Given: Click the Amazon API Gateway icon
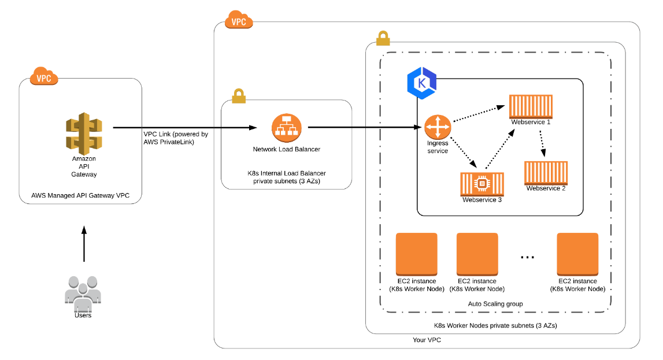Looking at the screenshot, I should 84,132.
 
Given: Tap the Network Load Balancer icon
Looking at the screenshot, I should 286,128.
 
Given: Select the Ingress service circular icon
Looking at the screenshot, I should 437,127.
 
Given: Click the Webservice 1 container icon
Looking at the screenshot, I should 531,106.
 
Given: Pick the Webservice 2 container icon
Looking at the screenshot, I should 546,173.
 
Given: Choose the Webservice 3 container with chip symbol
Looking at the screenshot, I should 481,184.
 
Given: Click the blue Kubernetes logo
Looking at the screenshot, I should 421,83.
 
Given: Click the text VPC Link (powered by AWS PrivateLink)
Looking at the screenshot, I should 176,138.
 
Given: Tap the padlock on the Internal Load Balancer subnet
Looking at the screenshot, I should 239,97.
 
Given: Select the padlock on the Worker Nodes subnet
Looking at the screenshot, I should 382,39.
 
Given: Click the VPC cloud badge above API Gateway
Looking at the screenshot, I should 43,78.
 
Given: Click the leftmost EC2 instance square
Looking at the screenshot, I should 416,254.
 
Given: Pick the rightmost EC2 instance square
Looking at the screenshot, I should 577,254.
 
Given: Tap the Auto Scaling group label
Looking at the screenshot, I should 495,304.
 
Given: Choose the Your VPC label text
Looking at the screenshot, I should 427,340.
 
